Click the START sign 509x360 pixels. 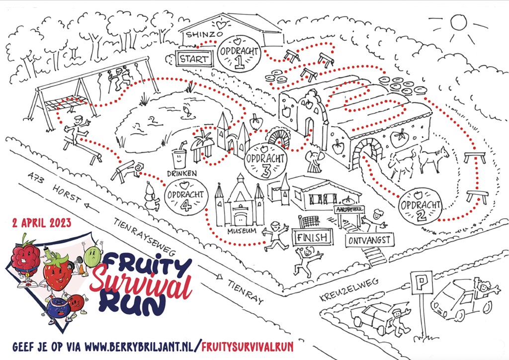tap(194, 58)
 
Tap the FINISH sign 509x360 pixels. tap(313, 237)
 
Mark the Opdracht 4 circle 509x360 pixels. tap(183, 195)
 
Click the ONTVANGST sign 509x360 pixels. tap(370, 240)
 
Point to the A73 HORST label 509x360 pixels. tap(55, 190)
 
